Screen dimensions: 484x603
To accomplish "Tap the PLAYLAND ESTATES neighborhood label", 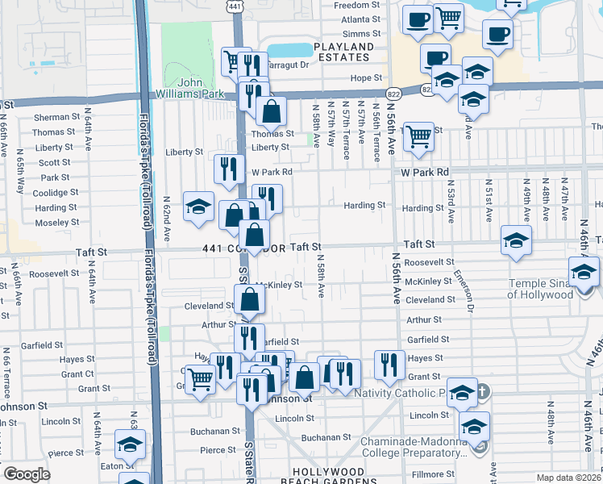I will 343,52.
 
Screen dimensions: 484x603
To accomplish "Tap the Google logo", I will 26,474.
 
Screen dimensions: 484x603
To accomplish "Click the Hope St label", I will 365,78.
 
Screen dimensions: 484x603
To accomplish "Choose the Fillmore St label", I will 435,474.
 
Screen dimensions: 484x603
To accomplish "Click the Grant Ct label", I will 77,373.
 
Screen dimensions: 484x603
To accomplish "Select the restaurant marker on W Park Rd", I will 229,169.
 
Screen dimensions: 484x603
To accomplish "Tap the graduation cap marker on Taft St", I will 516,240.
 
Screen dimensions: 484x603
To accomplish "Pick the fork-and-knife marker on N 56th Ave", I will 390,364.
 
